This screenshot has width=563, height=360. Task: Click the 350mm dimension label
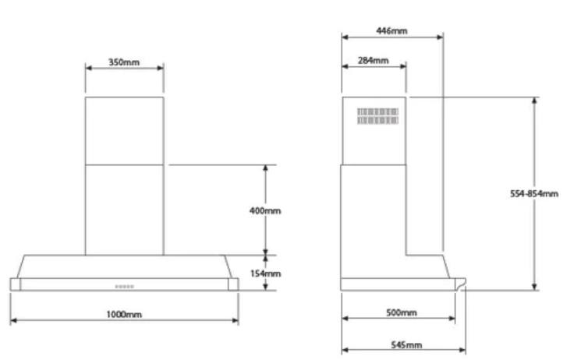coord(124,62)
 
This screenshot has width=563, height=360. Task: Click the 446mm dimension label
coord(392,30)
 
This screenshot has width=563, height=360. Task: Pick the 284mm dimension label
coord(374,60)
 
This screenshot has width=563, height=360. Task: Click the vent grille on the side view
coord(377,116)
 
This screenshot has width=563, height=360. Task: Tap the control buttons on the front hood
coord(125,287)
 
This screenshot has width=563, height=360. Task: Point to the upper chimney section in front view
coord(125,129)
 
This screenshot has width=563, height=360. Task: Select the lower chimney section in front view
coord(125,209)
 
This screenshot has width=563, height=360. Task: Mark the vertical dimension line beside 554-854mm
coord(535,140)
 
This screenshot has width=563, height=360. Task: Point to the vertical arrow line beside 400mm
coord(266,187)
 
